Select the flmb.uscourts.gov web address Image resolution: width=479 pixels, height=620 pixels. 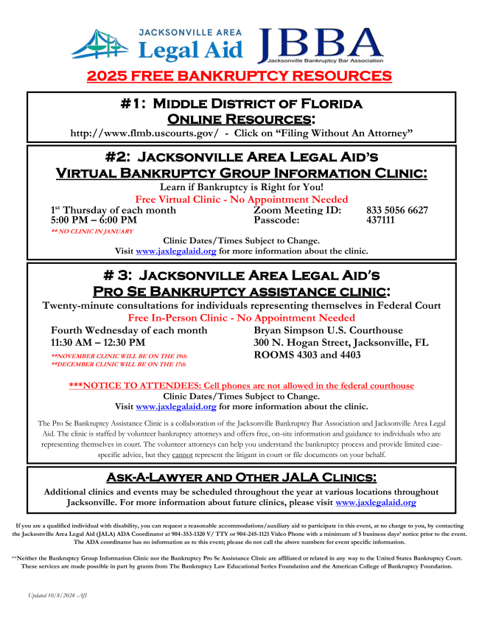tap(144, 132)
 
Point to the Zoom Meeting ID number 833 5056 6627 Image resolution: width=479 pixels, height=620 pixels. tap(396, 210)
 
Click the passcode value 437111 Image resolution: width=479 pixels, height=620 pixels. tap(381, 220)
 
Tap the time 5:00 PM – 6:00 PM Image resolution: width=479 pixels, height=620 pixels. tap(94, 220)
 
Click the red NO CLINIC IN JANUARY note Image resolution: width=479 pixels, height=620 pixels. tap(92, 231)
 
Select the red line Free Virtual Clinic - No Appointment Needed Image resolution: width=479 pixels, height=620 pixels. tap(241, 200)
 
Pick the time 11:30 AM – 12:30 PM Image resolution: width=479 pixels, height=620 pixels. tap(98, 342)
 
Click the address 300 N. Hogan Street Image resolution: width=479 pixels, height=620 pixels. tap(304, 343)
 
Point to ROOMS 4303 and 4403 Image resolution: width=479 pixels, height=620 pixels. tap(307, 355)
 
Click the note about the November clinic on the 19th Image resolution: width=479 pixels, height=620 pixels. tap(118, 356)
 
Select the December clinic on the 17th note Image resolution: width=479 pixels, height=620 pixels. tap(118, 364)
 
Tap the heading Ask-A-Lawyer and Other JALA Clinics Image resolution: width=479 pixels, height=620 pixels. tap(241, 478)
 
